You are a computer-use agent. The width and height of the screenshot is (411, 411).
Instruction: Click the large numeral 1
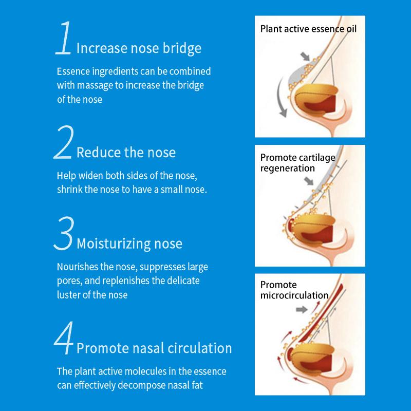64,38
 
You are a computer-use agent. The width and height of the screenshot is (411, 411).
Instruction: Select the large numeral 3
64,233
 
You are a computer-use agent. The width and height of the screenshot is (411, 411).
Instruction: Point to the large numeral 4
64,338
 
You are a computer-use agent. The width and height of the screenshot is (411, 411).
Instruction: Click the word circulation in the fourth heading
199,348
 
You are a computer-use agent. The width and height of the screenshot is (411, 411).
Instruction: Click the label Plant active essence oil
308,29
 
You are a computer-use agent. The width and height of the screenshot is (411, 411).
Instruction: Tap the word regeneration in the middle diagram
288,169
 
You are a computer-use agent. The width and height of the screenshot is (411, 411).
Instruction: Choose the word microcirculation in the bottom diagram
294,295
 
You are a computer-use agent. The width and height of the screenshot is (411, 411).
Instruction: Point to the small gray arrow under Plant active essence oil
305,57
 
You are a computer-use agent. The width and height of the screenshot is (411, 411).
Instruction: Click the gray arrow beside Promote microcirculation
302,310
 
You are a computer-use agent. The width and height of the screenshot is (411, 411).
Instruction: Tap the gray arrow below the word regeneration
309,181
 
